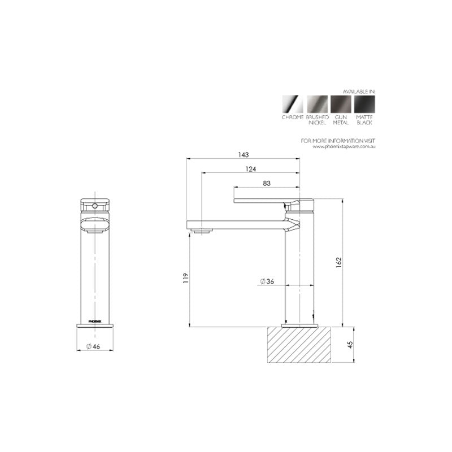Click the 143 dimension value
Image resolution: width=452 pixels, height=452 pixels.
pyautogui.click(x=244, y=154)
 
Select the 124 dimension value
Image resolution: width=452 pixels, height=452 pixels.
pyautogui.click(x=250, y=168)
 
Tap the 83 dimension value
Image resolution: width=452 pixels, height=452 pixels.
pyautogui.click(x=267, y=182)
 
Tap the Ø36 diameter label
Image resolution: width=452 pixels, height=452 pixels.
pyautogui.click(x=267, y=281)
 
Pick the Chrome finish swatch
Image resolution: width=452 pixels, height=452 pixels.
pyautogui.click(x=292, y=103)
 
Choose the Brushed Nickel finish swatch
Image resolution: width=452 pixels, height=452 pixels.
pyautogui.click(x=316, y=103)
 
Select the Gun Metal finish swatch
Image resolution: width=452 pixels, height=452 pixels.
pyautogui.click(x=341, y=103)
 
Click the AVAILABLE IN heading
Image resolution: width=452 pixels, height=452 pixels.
pyautogui.click(x=359, y=90)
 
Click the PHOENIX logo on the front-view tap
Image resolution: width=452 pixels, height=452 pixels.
pyautogui.click(x=94, y=320)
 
